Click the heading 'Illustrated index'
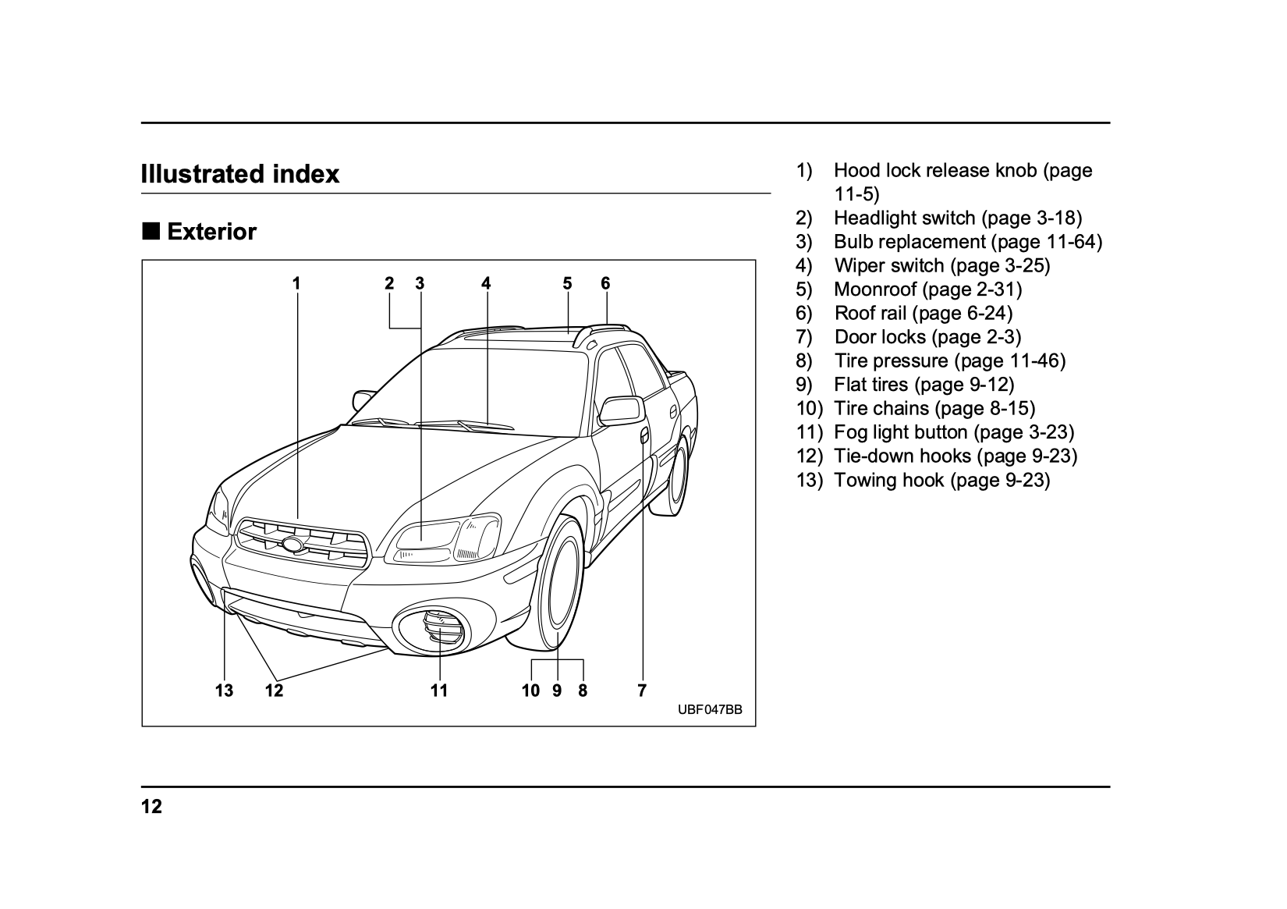point(240,173)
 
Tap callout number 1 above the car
point(296,283)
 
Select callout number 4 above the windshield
point(486,283)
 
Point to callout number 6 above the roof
point(605,283)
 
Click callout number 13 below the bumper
point(224,691)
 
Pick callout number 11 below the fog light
point(439,691)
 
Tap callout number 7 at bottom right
point(642,691)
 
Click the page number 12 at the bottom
point(151,807)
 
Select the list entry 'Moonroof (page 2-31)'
point(927,289)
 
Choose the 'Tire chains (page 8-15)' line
point(934,408)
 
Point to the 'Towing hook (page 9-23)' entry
point(941,480)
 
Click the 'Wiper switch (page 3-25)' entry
point(941,265)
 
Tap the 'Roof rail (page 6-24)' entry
point(923,313)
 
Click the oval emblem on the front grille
point(292,545)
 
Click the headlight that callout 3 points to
point(425,540)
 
